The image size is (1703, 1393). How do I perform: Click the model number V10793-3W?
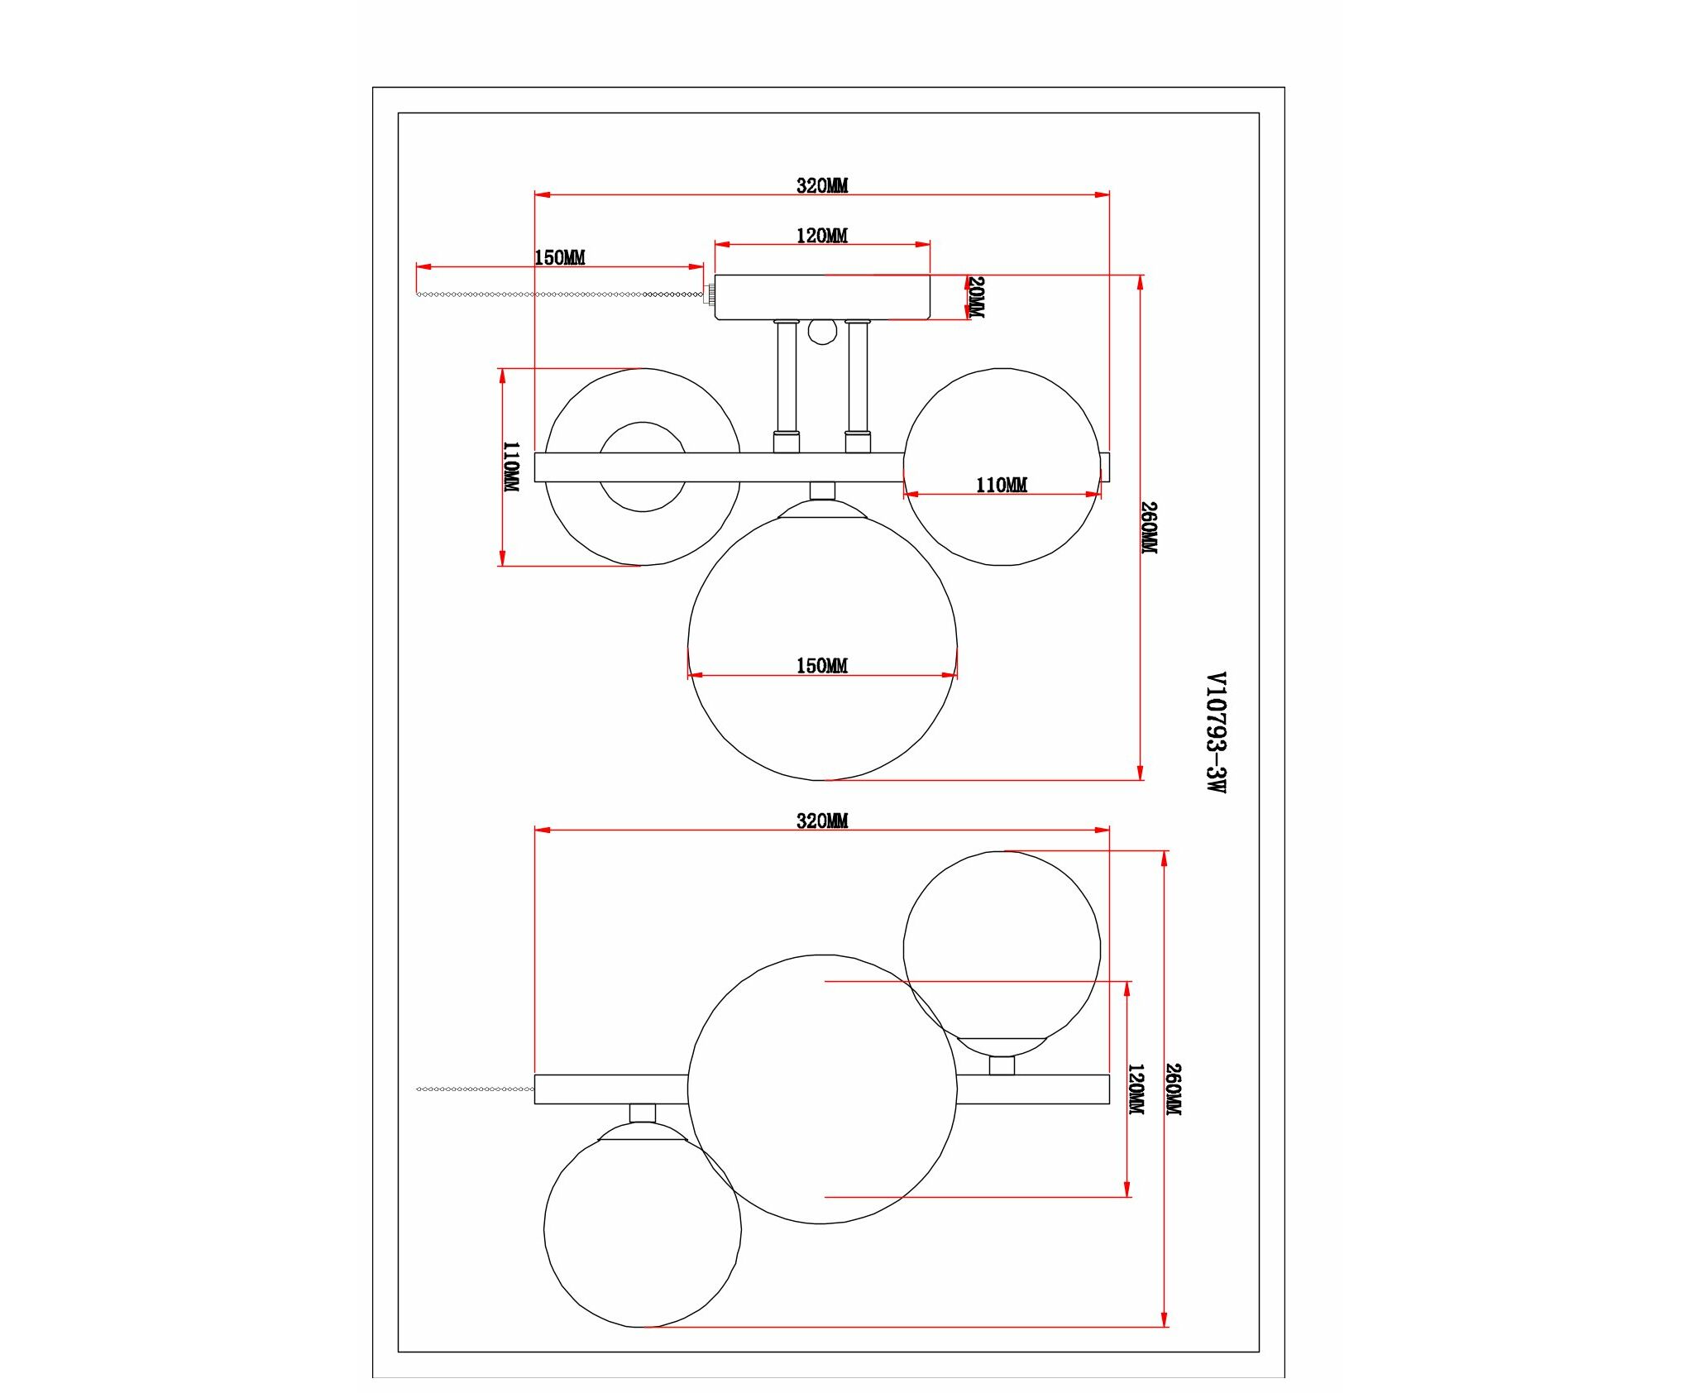tap(1215, 732)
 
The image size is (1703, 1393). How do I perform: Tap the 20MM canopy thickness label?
tap(976, 297)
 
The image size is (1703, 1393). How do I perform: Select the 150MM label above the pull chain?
tap(560, 257)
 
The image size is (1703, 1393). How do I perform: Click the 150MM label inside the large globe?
tap(822, 665)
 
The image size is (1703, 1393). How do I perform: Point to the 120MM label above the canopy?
tap(822, 236)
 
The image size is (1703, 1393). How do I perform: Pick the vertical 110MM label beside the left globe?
tap(512, 467)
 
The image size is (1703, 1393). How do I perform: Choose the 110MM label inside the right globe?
tap(1002, 485)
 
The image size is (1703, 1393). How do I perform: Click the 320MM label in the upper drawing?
tap(822, 186)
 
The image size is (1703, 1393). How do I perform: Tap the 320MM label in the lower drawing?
tap(822, 821)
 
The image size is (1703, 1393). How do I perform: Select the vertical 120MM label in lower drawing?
tap(1136, 1089)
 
